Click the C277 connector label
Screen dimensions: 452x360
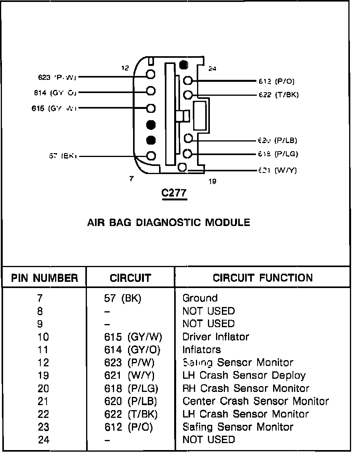click(x=174, y=193)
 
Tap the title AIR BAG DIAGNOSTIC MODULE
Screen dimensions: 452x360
click(x=168, y=223)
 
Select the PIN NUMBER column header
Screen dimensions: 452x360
click(x=44, y=278)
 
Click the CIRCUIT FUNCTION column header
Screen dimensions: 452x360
click(x=263, y=278)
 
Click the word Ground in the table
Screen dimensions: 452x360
click(x=200, y=298)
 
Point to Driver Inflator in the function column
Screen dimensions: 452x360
click(x=216, y=336)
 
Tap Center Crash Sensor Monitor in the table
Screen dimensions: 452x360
click(x=255, y=401)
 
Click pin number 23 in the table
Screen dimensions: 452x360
click(x=43, y=427)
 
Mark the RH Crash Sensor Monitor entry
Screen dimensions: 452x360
click(x=246, y=388)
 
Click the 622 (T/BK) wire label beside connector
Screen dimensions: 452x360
click(x=278, y=95)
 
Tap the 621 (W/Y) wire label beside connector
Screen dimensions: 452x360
click(x=277, y=170)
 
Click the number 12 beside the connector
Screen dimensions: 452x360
click(x=125, y=68)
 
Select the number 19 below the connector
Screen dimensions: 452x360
click(x=212, y=181)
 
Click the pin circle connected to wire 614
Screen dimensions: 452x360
click(x=151, y=91)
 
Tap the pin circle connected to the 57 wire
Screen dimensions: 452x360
click(x=151, y=156)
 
